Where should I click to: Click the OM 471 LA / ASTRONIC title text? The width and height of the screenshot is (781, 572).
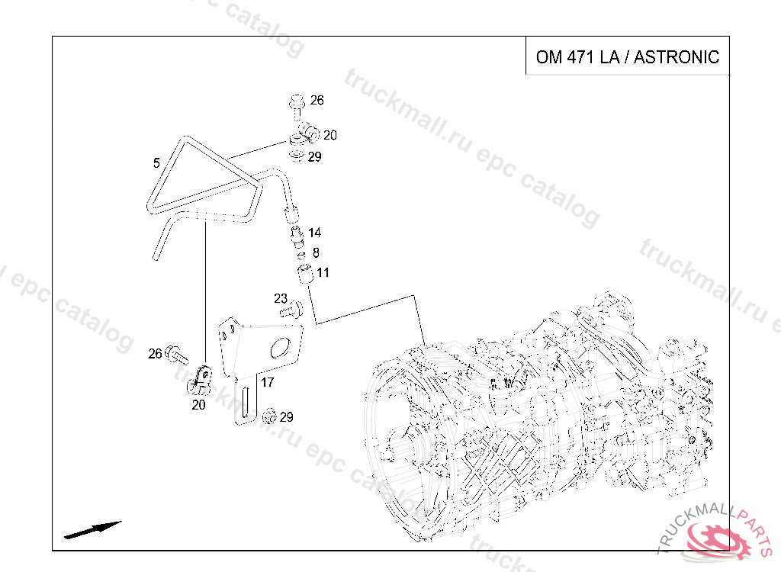tap(628, 56)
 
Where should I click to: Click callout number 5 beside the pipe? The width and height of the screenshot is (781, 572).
tap(156, 163)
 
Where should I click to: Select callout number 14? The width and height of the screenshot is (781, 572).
tap(314, 233)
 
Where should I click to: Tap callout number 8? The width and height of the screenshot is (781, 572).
tap(316, 252)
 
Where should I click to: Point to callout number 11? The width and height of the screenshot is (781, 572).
tap(323, 272)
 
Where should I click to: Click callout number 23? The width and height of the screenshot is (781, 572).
tap(281, 298)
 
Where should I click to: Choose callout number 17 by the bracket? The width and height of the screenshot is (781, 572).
tap(268, 382)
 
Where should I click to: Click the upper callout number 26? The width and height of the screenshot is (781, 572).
tap(317, 100)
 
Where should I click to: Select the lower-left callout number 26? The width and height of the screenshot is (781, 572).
tap(156, 353)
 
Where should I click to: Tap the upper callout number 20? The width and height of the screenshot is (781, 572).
tap(329, 135)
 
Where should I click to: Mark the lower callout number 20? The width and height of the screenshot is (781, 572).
tap(198, 404)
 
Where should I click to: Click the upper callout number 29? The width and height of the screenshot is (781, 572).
tap(314, 157)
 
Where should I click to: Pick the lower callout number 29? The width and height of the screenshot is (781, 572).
tap(286, 417)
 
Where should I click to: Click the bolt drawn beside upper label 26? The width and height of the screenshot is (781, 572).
tap(297, 105)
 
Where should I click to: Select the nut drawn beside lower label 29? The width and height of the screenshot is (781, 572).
tap(269, 416)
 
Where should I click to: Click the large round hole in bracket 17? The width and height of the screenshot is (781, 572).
tap(280, 348)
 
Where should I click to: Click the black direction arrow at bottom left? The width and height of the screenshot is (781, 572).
tap(93, 529)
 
